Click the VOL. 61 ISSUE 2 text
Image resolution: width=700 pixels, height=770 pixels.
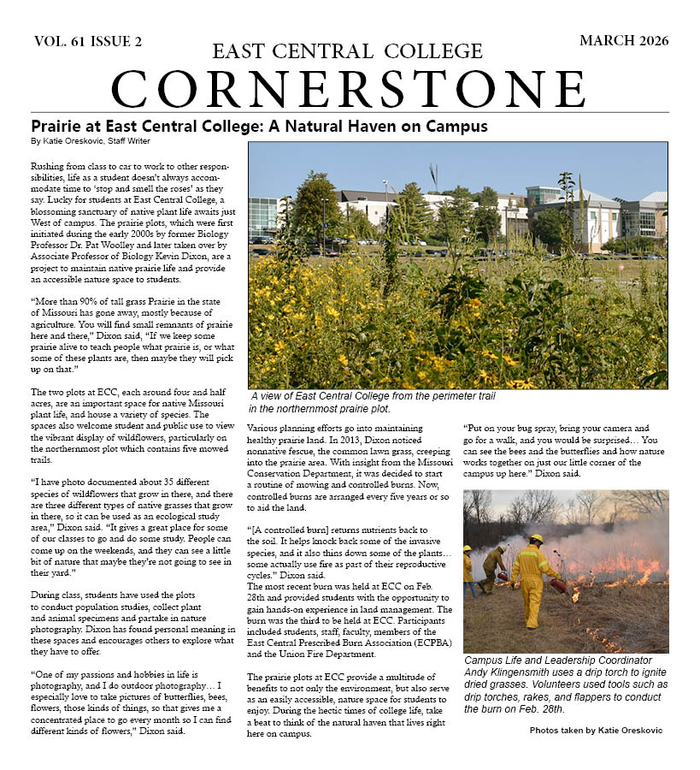click(88, 41)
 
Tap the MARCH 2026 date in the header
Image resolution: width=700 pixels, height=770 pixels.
click(623, 41)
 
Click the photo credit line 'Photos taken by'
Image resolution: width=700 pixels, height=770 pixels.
click(595, 730)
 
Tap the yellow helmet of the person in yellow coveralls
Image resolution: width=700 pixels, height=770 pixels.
click(536, 540)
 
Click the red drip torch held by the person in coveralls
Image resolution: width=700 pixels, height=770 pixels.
click(559, 586)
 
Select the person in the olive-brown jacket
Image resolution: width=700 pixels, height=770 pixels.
click(493, 568)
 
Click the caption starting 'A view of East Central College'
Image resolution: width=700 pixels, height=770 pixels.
click(373, 401)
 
